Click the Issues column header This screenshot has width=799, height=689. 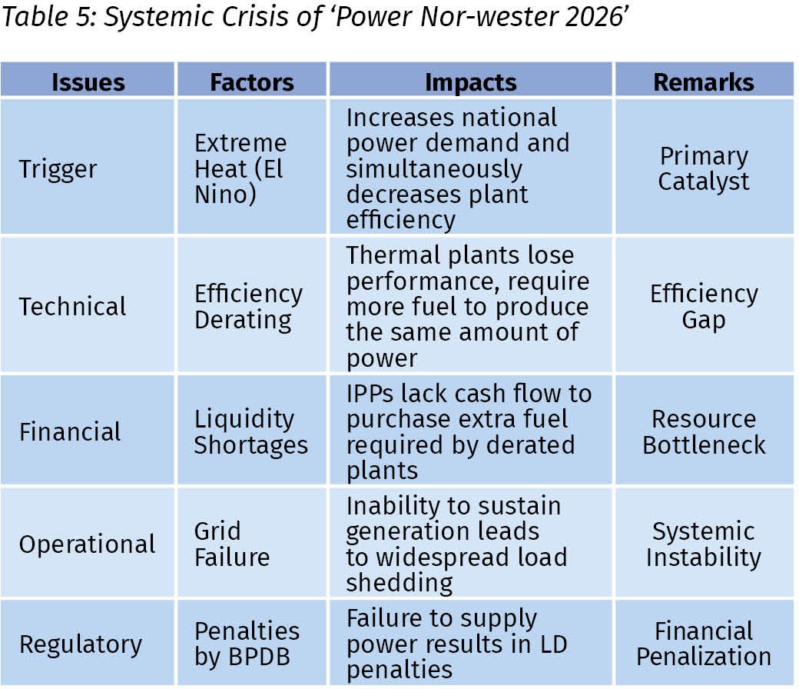coord(88,82)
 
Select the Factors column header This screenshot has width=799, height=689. coord(252,82)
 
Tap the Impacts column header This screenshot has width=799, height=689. coord(471,82)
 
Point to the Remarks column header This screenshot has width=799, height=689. coord(704,82)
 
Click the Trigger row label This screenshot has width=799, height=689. coord(58,169)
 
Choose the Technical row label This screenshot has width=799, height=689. coord(72,307)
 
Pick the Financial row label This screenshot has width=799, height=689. coord(70,431)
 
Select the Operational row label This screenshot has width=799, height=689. coord(87,544)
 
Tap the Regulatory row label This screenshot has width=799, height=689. coord(81,644)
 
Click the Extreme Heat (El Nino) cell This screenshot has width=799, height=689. coord(240,169)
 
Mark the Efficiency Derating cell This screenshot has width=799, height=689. coord(249,307)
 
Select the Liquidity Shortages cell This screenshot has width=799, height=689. coord(251,432)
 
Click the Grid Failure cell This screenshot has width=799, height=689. coord(232,544)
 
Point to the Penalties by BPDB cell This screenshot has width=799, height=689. coord(247,644)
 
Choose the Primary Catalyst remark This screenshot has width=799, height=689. coord(704,169)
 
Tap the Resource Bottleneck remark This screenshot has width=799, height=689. coord(704,431)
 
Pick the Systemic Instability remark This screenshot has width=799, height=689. coord(704,544)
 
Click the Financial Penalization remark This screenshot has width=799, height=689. coord(704,644)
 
